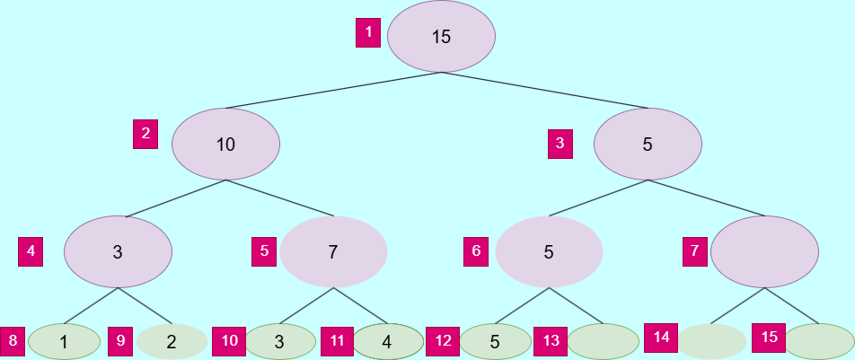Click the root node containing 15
click(441, 37)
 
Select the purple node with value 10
click(225, 144)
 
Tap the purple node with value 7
click(333, 251)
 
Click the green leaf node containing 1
click(64, 341)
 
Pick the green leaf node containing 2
click(172, 341)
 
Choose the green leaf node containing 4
click(387, 341)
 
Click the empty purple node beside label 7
click(764, 251)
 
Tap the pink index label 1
click(368, 34)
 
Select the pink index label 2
click(145, 134)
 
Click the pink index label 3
click(560, 143)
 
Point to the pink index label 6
click(477, 250)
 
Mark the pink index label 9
click(120, 341)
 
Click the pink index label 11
click(337, 341)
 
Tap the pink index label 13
click(550, 341)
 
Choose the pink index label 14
click(661, 338)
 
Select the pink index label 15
click(769, 338)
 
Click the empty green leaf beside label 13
click(603, 341)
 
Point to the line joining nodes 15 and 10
click(333, 91)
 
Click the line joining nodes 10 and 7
click(279, 198)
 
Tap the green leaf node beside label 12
click(495, 341)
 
